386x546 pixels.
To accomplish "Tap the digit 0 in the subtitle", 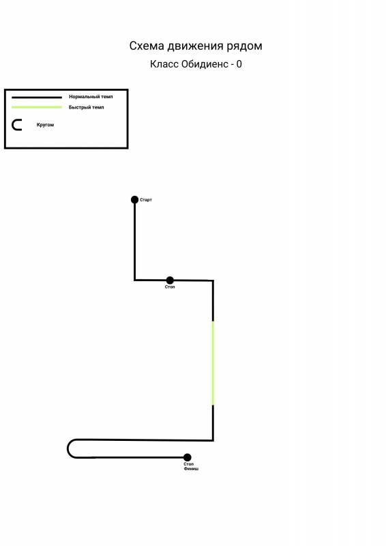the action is point(239,64).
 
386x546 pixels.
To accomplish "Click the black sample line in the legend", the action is point(37,97).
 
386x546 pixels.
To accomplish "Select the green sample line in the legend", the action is point(37,107).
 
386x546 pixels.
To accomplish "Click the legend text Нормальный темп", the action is point(91,97).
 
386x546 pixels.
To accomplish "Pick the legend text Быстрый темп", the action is point(87,107).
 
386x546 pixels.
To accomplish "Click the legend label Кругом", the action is point(45,125).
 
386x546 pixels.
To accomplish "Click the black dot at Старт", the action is point(135,199).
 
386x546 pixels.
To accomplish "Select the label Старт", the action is point(146,200).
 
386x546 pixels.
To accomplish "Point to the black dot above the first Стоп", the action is point(170,280).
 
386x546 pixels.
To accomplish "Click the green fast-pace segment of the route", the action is point(213,363).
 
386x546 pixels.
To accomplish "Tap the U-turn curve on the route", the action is point(68,448).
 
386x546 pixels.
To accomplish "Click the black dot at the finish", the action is point(188,457).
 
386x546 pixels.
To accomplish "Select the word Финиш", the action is point(191,469).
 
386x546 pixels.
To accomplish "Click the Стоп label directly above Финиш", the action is point(188,464).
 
